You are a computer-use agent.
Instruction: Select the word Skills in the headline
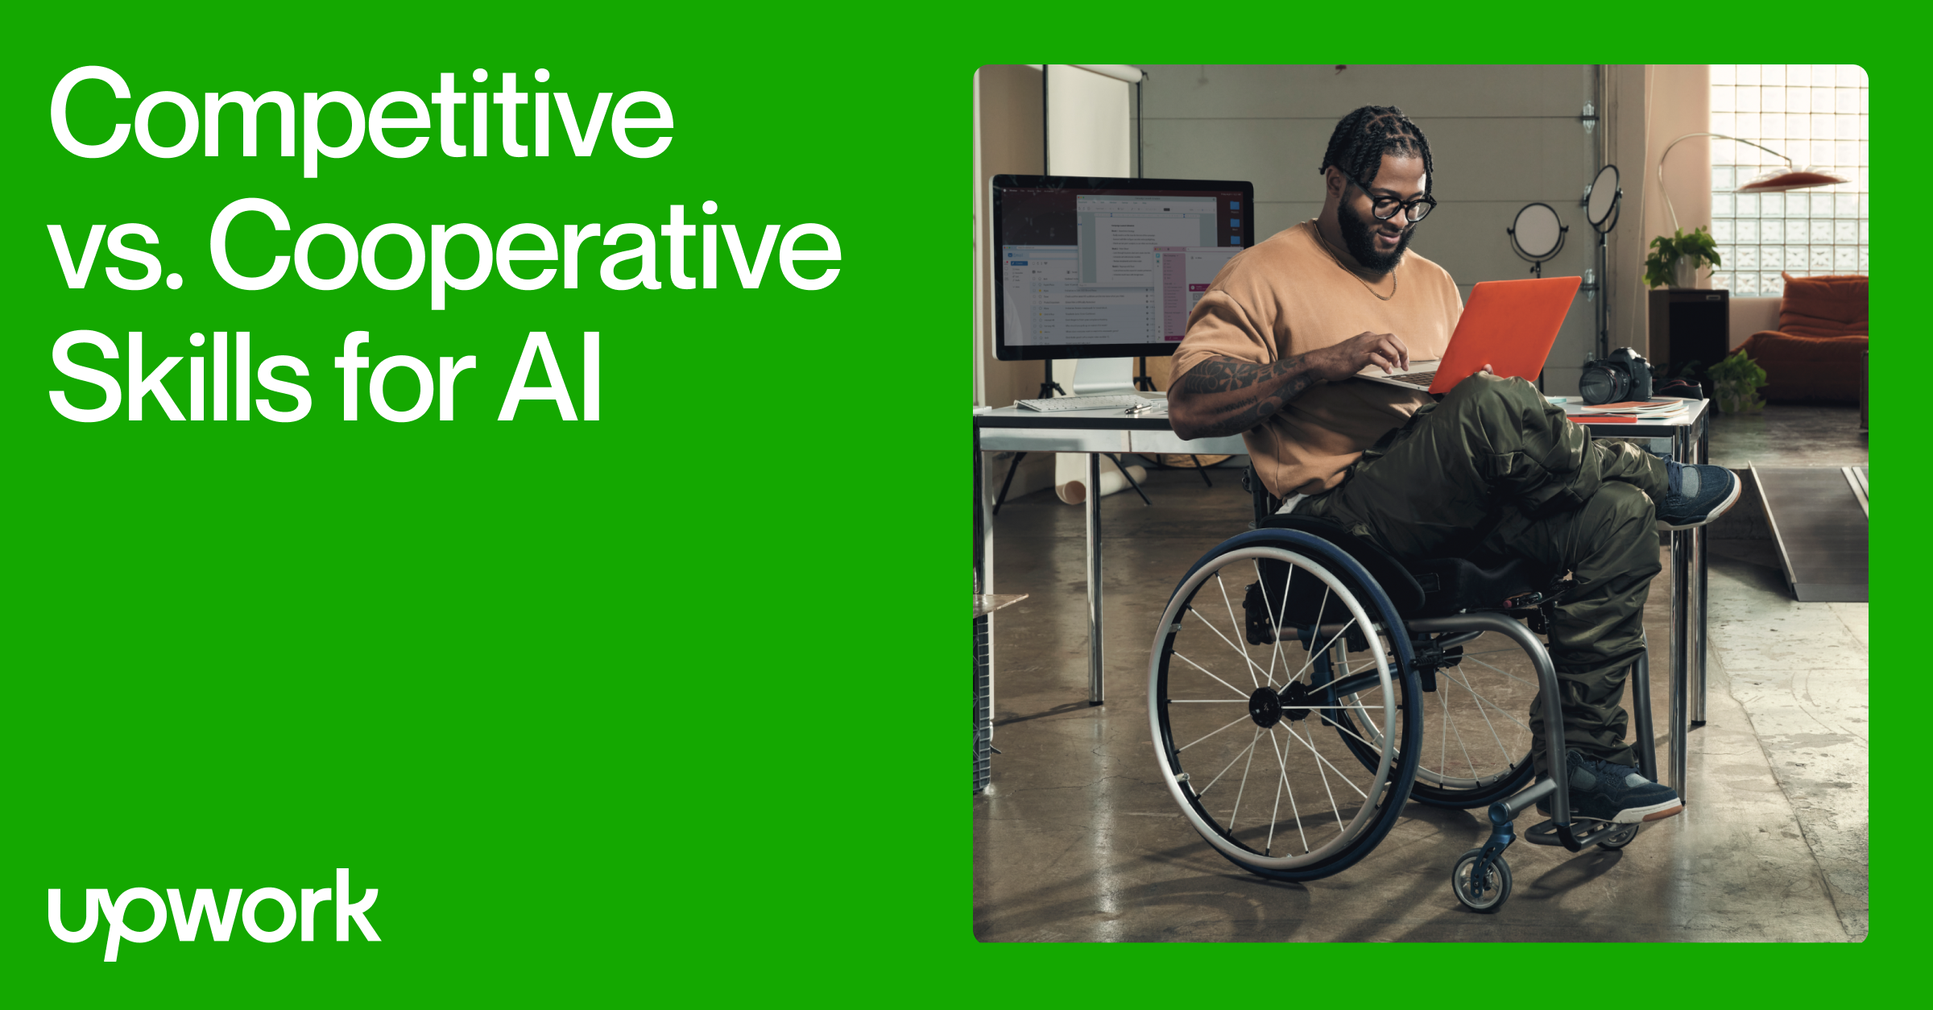179,379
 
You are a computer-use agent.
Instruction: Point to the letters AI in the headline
550,379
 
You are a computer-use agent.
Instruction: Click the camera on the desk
1614,377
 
